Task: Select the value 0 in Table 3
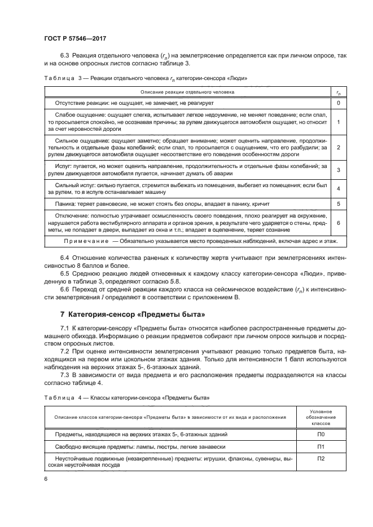pyautogui.click(x=337, y=103)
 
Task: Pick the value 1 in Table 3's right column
pyautogui.click(x=337, y=121)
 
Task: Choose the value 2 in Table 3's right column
pyautogui.click(x=337, y=147)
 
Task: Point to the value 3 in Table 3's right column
pyautogui.click(x=337, y=170)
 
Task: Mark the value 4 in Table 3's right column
pyautogui.click(x=337, y=188)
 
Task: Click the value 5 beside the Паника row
pyautogui.click(x=337, y=203)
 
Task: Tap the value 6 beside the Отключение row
pyautogui.click(x=337, y=223)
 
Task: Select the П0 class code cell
pyautogui.click(x=321, y=435)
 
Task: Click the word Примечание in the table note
pyautogui.click(x=85, y=241)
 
